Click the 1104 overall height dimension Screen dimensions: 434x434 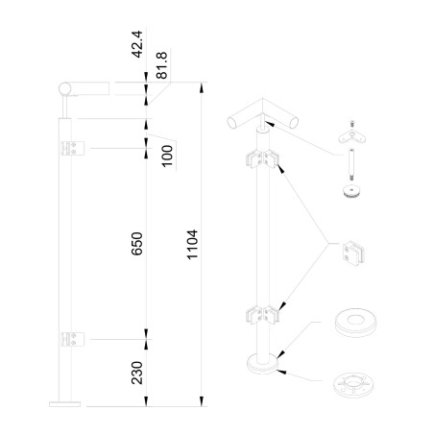(x=192, y=244)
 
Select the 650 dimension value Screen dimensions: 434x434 (x=136, y=244)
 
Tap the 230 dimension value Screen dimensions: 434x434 (x=136, y=373)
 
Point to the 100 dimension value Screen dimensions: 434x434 (x=167, y=156)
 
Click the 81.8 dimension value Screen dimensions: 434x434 (x=161, y=65)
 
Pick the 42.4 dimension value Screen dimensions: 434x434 (x=136, y=44)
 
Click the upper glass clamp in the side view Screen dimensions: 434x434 (x=73, y=148)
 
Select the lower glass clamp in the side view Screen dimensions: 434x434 (x=73, y=339)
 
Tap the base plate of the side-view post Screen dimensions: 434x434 (x=64, y=404)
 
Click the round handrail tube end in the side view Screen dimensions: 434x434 (x=65, y=88)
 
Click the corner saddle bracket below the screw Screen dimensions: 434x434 (x=352, y=136)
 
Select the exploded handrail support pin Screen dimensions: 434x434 (x=351, y=165)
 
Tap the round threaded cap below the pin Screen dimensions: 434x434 (x=351, y=191)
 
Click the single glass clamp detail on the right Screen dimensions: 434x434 (x=353, y=253)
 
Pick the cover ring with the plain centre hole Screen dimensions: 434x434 (x=355, y=323)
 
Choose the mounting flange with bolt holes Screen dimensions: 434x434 (x=353, y=385)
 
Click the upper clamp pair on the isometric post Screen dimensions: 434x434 (x=262, y=158)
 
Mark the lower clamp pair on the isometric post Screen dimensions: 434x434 (x=262, y=315)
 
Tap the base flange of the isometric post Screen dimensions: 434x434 (x=262, y=365)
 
